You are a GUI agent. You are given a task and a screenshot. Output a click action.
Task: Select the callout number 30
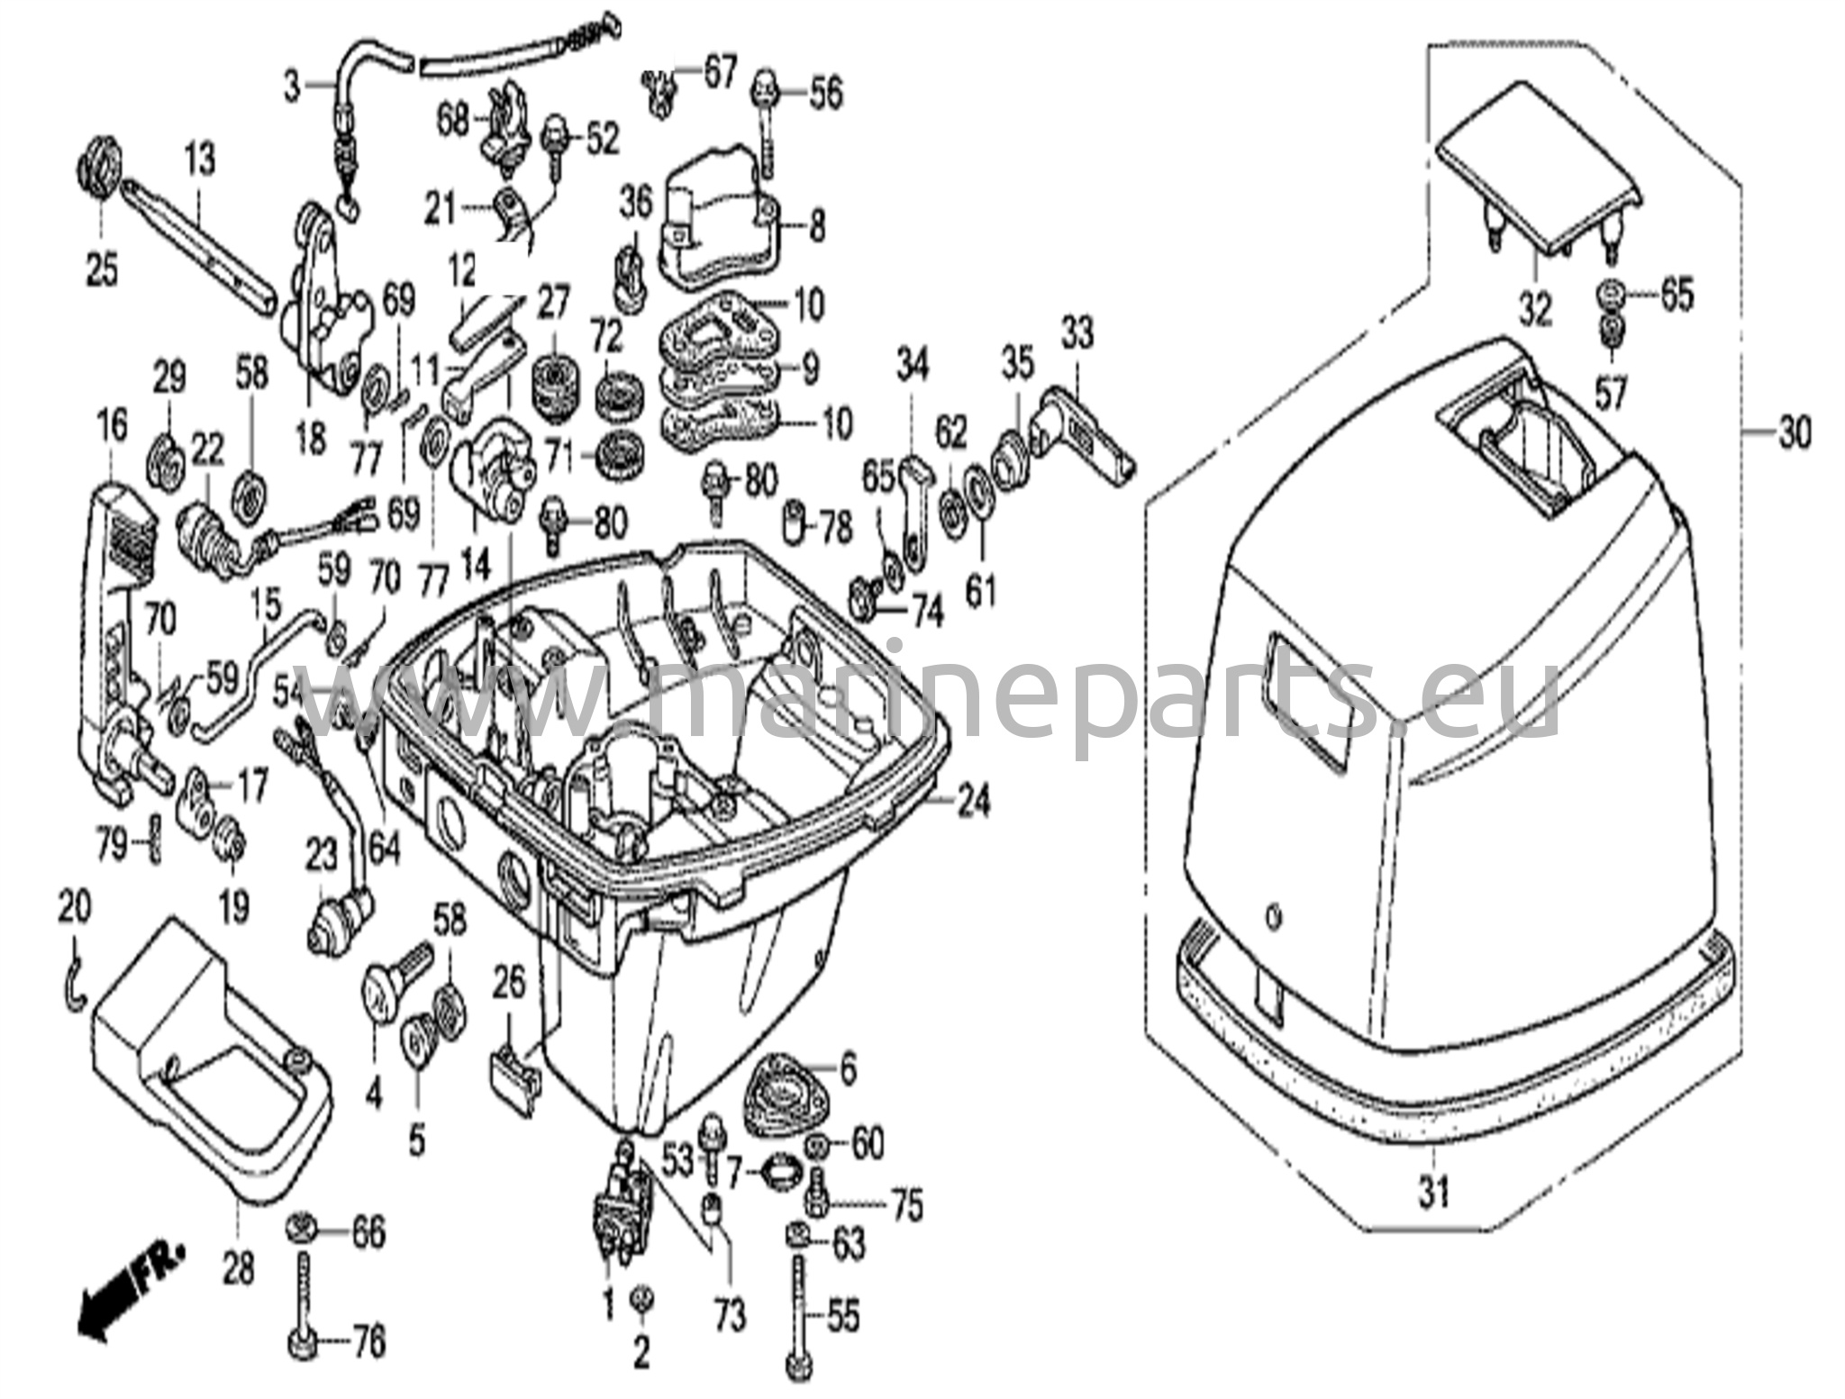[1795, 434]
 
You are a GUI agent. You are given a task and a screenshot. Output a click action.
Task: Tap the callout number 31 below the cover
[1433, 1192]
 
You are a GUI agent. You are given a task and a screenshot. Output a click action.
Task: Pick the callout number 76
[368, 1343]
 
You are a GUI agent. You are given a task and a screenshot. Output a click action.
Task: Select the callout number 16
[112, 425]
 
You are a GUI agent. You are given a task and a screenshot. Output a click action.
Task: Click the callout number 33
[1077, 334]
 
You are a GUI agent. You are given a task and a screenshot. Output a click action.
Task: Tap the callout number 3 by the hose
[291, 87]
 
